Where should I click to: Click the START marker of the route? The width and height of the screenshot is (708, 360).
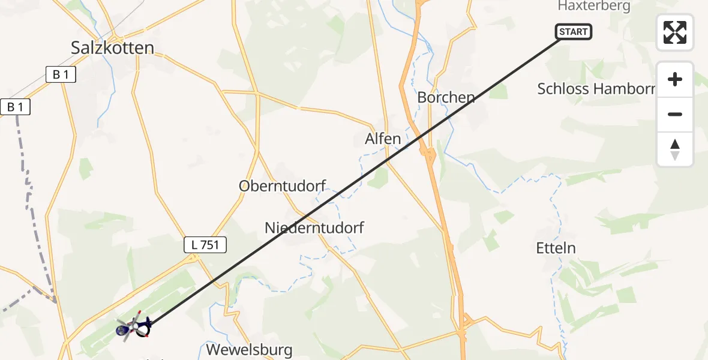[x=574, y=32]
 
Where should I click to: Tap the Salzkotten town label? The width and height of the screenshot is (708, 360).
[x=112, y=48]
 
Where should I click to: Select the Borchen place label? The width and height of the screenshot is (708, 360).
[x=446, y=97]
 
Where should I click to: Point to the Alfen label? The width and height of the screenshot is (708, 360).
[x=383, y=139]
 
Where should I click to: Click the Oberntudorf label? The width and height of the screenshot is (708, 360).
[x=282, y=186]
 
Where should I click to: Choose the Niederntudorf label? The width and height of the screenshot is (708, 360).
[x=314, y=228]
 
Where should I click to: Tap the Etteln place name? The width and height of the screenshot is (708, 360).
[x=556, y=248]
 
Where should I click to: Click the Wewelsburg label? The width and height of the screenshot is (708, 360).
[x=249, y=350]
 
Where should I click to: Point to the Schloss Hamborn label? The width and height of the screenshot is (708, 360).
[x=596, y=89]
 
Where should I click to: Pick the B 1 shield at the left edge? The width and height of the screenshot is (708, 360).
[x=14, y=107]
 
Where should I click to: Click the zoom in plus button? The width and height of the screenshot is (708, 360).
[x=675, y=80]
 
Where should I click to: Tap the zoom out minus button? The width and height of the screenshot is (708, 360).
[x=675, y=114]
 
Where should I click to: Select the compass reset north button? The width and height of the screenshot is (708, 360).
[x=675, y=149]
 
